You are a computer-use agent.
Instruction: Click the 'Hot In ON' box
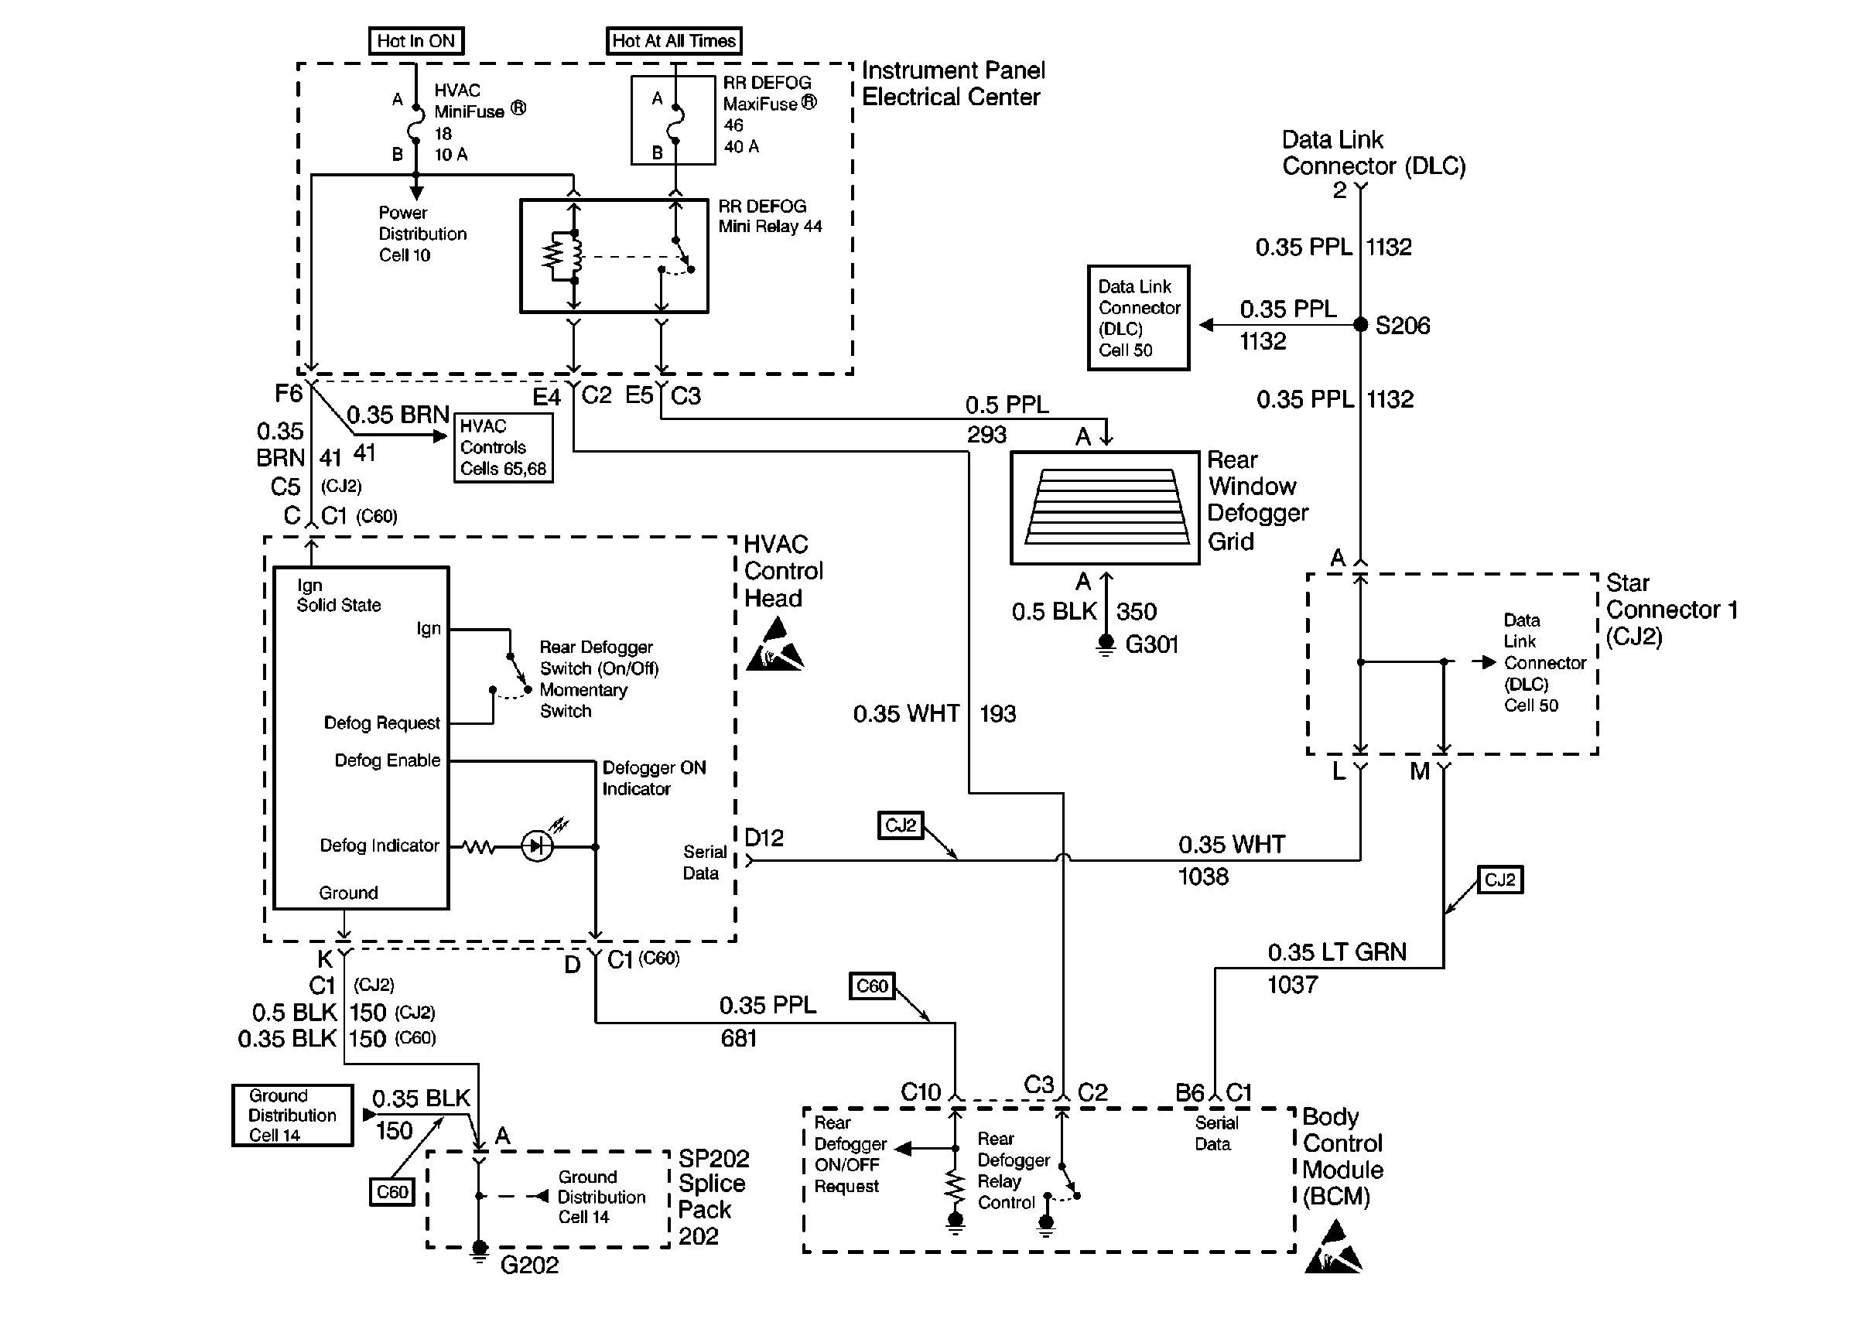pyautogui.click(x=415, y=41)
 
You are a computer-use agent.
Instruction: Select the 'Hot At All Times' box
pyautogui.click(x=673, y=41)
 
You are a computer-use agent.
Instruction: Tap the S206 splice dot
pyautogui.click(x=1360, y=325)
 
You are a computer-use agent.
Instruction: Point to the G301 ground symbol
pyautogui.click(x=1106, y=647)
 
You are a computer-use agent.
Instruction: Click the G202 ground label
pyautogui.click(x=529, y=1265)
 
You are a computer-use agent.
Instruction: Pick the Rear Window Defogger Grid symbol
pyautogui.click(x=1105, y=507)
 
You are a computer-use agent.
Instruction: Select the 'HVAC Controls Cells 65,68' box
pyautogui.click(x=503, y=448)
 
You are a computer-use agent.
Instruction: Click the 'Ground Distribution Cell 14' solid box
pyautogui.click(x=292, y=1115)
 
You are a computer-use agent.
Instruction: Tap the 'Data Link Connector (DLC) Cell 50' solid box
pyautogui.click(x=1138, y=319)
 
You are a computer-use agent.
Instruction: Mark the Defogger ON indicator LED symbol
pyautogui.click(x=537, y=846)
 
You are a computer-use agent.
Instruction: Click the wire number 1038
pyautogui.click(x=1203, y=877)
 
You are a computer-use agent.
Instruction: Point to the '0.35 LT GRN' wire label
pyautogui.click(x=1337, y=952)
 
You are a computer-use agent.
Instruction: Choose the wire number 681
pyautogui.click(x=738, y=1038)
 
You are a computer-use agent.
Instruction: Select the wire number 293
pyautogui.click(x=986, y=435)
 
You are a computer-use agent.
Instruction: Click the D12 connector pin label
pyautogui.click(x=764, y=838)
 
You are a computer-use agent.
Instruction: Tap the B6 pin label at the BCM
pyautogui.click(x=1189, y=1093)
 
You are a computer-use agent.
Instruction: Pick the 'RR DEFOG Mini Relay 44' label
pyautogui.click(x=770, y=216)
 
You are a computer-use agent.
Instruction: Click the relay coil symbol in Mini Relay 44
pyautogui.click(x=559, y=256)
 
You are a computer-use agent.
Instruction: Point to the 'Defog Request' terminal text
pyautogui.click(x=381, y=723)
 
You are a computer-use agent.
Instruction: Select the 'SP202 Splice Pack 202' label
pyautogui.click(x=712, y=1197)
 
